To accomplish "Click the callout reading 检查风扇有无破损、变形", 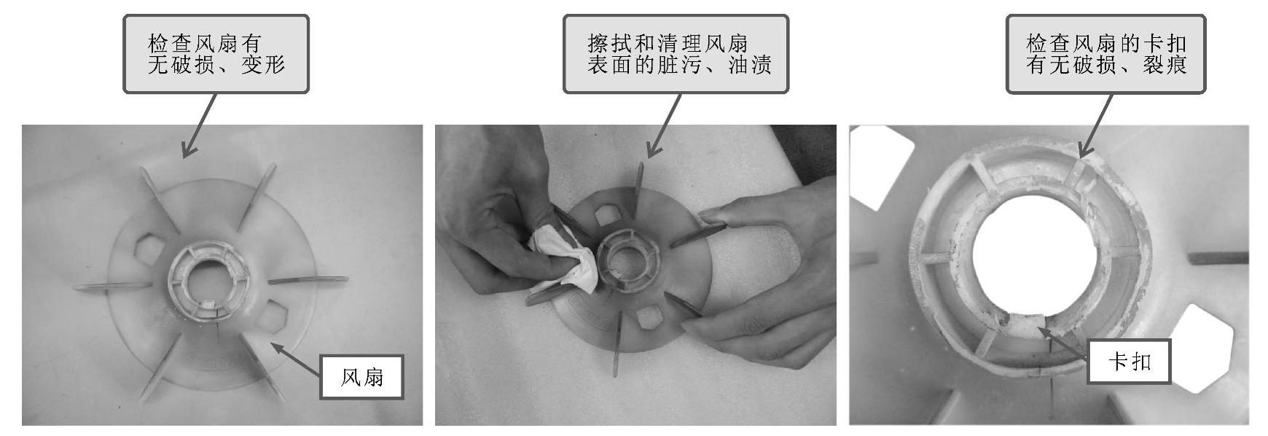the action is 216,54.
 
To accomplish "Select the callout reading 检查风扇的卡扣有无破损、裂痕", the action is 1105,54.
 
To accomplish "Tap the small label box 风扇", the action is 361,377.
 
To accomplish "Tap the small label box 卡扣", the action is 1129,362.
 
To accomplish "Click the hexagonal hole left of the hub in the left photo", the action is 148,249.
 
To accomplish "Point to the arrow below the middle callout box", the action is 663,125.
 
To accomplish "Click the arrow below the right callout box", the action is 1095,125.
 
